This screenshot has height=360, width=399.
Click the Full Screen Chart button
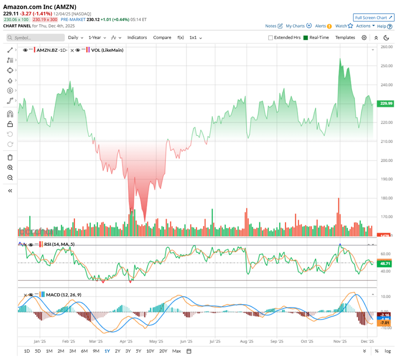pos(373,18)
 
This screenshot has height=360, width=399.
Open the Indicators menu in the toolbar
pos(137,38)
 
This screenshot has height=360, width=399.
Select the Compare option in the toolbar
pos(162,38)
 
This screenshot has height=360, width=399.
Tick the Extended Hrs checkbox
pos(271,38)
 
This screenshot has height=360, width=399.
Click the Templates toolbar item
pos(345,38)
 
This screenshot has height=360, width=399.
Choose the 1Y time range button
pos(107,351)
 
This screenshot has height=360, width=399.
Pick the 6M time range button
pos(84,351)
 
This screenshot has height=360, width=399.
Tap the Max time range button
pos(176,351)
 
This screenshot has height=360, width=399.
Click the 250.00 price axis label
pos(386,66)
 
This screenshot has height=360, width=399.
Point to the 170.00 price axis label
pos(386,217)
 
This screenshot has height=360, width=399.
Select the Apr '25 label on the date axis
pos(127,341)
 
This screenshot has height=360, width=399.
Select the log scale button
pos(387,351)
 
